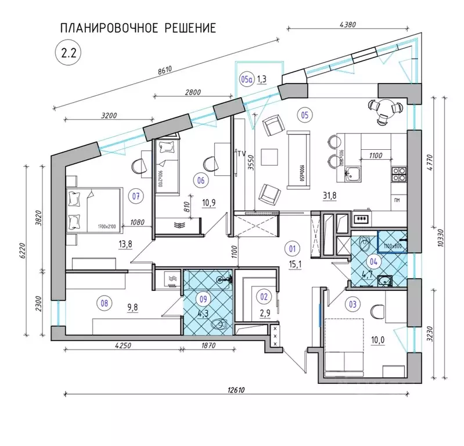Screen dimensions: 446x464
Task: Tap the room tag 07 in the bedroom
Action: pyautogui.click(x=136, y=196)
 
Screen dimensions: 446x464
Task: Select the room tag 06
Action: pyautogui.click(x=201, y=180)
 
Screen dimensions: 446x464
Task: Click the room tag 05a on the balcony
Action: pyautogui.click(x=246, y=79)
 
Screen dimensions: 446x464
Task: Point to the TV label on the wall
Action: pyautogui.click(x=241, y=153)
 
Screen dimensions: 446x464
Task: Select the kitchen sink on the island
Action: pyautogui.click(x=354, y=172)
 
